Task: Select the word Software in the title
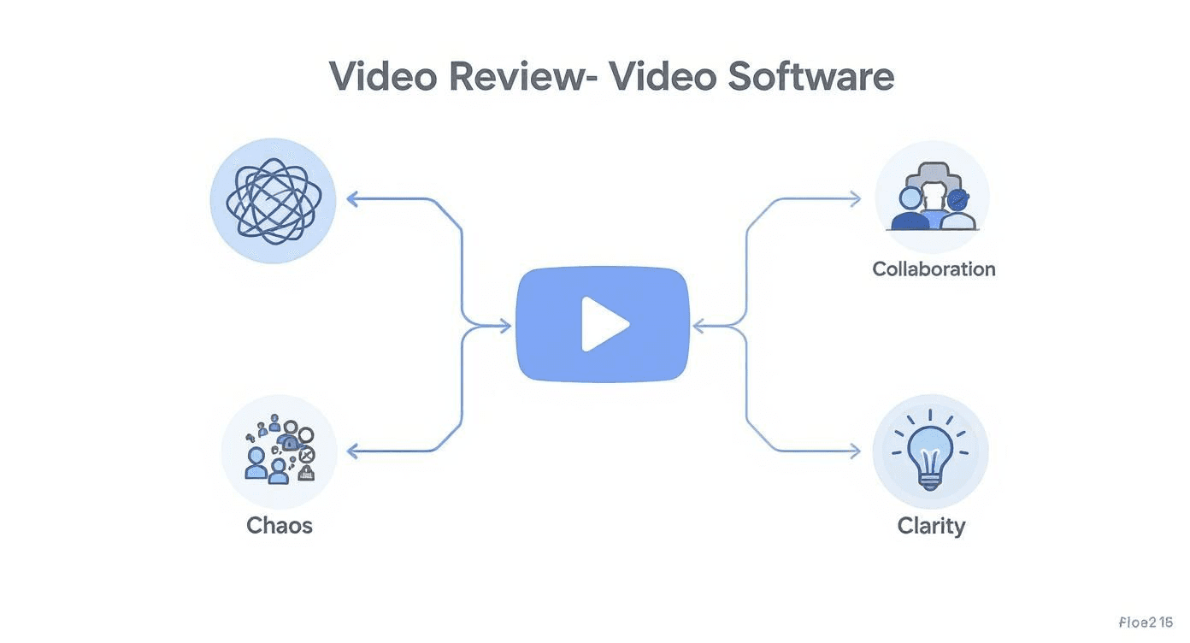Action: pos(810,77)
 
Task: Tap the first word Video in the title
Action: pos(384,77)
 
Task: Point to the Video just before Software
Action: pos(663,77)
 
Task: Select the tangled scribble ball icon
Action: pos(273,201)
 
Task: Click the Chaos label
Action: pos(280,525)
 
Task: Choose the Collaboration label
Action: pos(934,269)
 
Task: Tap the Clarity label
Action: pos(931,525)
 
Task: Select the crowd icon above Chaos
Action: pos(280,451)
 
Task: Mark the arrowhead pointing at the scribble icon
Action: pos(351,199)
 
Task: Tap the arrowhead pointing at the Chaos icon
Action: pos(351,451)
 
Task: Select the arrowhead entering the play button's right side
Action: pos(698,326)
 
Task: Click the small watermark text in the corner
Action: pos(1144,622)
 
